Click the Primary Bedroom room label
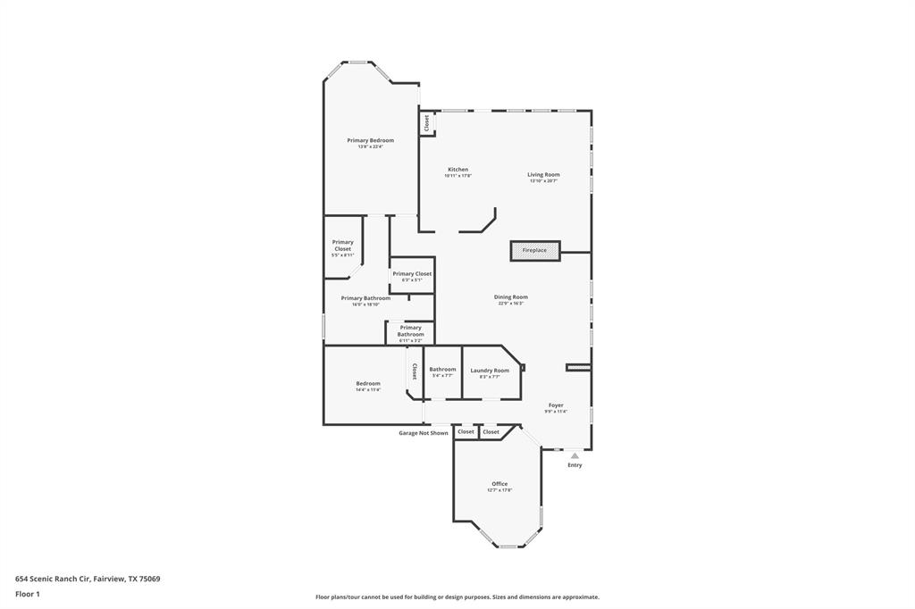click(370, 140)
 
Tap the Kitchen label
click(457, 170)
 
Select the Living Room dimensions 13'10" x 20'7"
click(543, 181)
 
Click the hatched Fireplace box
click(534, 251)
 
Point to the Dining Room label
click(510, 297)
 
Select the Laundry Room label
click(490, 371)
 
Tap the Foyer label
click(556, 405)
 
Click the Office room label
click(499, 484)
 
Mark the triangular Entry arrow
click(575, 455)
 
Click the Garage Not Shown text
click(423, 433)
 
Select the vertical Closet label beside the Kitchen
click(426, 121)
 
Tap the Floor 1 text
click(28, 594)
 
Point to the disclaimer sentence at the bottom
click(457, 597)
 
